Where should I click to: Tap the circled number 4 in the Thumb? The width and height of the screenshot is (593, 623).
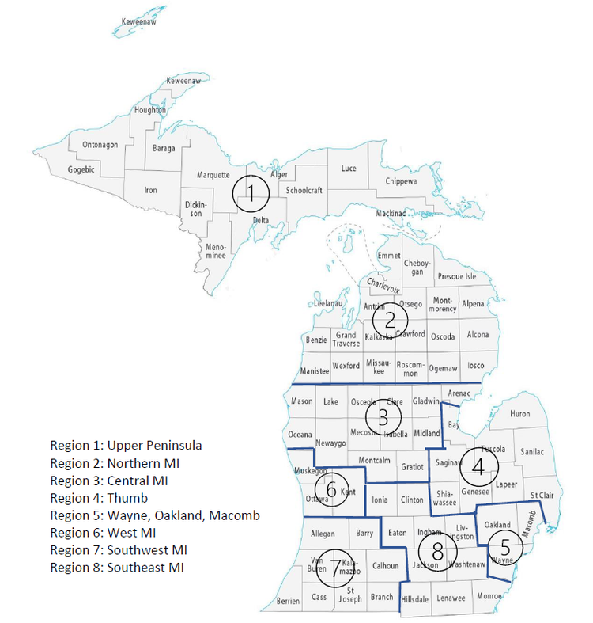(478, 467)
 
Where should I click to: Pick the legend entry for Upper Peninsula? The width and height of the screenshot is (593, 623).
(126, 446)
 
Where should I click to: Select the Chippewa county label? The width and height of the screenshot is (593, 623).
(406, 181)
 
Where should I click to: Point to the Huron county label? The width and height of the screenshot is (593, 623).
(520, 414)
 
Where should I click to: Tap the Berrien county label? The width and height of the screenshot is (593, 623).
(288, 602)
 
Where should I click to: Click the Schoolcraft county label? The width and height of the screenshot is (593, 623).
(304, 191)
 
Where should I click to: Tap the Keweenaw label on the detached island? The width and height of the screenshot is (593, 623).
(138, 21)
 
